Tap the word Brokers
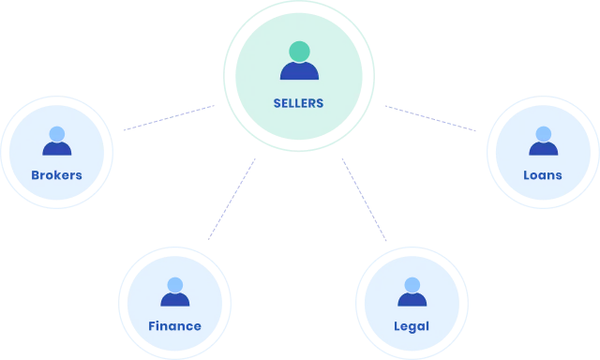(x=56, y=175)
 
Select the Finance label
(x=174, y=326)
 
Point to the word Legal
(x=412, y=326)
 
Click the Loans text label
(x=543, y=175)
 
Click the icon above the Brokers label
(x=56, y=147)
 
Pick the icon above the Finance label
(x=174, y=299)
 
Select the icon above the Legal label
(x=412, y=299)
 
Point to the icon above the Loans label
(x=543, y=147)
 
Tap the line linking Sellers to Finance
(x=232, y=199)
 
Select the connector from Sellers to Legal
(x=364, y=199)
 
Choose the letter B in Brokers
(x=35, y=175)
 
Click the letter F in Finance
(x=152, y=326)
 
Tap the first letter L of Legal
(x=398, y=326)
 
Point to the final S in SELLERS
(x=320, y=103)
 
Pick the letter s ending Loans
(x=559, y=175)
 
